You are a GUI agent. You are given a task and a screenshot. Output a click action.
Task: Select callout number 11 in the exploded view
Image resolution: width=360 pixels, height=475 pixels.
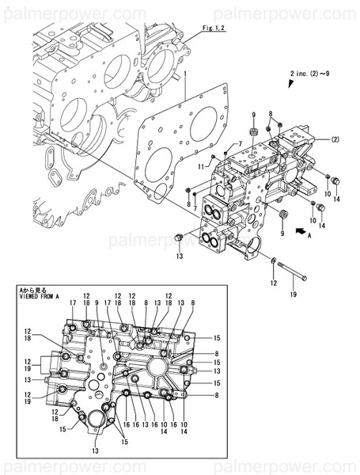pyautogui.click(x=202, y=165)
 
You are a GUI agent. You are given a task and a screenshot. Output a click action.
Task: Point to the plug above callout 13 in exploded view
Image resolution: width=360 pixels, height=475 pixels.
pyautogui.click(x=180, y=237)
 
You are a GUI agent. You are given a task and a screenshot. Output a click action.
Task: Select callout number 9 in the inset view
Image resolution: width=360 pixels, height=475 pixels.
pyautogui.click(x=96, y=302)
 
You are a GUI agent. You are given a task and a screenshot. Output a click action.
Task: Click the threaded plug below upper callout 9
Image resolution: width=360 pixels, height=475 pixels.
pyautogui.click(x=255, y=131)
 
